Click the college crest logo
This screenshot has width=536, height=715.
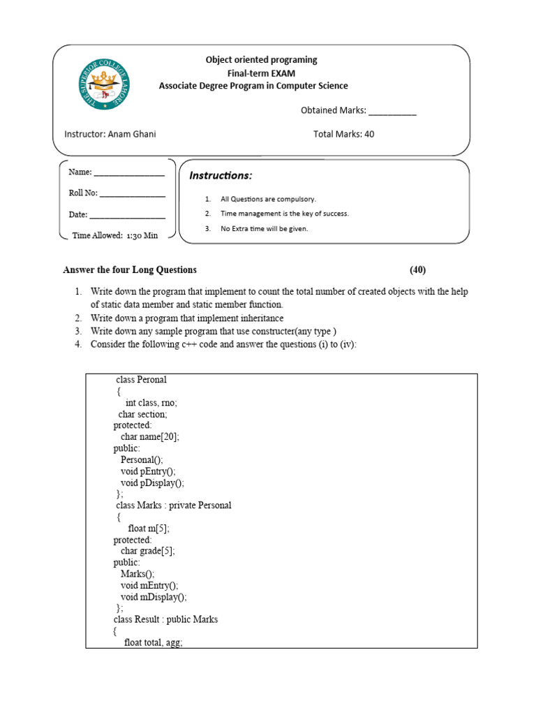(x=103, y=84)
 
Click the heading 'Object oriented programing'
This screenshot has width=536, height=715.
(x=261, y=60)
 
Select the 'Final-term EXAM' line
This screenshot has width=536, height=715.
(x=261, y=73)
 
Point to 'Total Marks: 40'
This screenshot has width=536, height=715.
(x=343, y=134)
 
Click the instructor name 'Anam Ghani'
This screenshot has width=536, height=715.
(x=132, y=134)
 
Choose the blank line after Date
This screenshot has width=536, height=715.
(x=128, y=216)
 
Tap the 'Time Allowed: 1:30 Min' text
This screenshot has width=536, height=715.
(x=115, y=235)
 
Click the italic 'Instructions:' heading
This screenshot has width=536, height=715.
(x=221, y=175)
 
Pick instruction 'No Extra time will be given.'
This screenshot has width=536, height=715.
(x=264, y=228)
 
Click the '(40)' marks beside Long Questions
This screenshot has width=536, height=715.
(x=418, y=270)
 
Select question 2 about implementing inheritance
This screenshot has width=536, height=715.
(x=187, y=318)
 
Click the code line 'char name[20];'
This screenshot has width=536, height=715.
(x=150, y=436)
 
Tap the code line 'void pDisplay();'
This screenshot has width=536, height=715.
(x=152, y=482)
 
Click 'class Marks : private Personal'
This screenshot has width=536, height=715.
(x=173, y=506)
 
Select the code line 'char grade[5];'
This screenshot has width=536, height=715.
(x=148, y=551)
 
